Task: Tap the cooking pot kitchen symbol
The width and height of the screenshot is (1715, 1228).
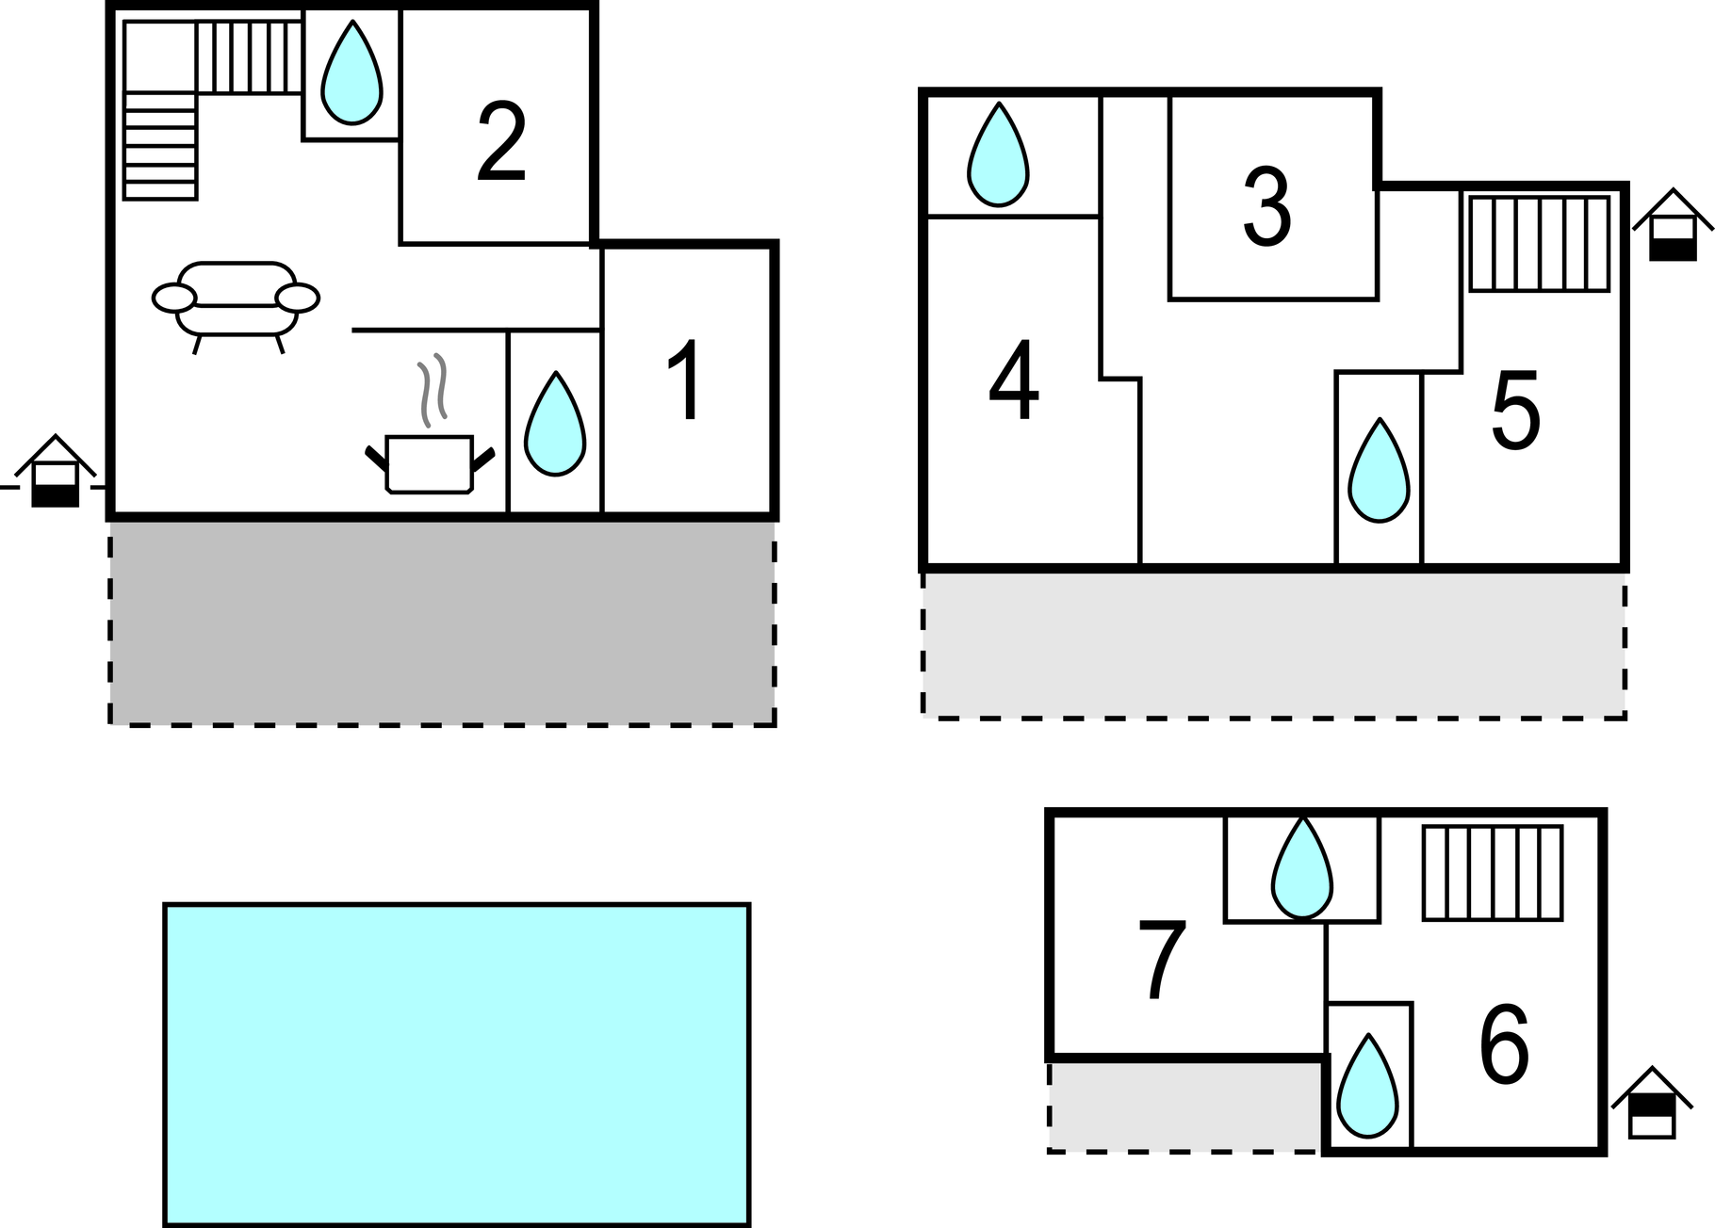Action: [x=430, y=461]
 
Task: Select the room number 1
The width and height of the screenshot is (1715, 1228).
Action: [x=687, y=380]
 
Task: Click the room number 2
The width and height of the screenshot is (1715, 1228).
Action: [x=501, y=142]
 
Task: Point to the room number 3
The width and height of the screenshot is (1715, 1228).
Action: [x=1266, y=208]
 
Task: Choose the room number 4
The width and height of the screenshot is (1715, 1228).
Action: [x=1014, y=381]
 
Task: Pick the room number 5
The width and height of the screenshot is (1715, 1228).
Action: [x=1515, y=411]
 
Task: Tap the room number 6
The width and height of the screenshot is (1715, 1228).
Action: [x=1503, y=1045]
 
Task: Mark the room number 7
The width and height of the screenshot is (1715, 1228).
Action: [x=1163, y=960]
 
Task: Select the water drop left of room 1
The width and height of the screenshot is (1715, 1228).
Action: [x=555, y=425]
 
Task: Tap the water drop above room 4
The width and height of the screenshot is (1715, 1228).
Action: [x=998, y=155]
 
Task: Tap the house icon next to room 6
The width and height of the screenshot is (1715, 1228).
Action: [x=1652, y=1104]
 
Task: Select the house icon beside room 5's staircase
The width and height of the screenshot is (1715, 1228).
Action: [x=1673, y=226]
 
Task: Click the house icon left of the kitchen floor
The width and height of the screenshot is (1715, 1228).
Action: [x=56, y=472]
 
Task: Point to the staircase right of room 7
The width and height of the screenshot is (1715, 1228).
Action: [x=1493, y=872]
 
